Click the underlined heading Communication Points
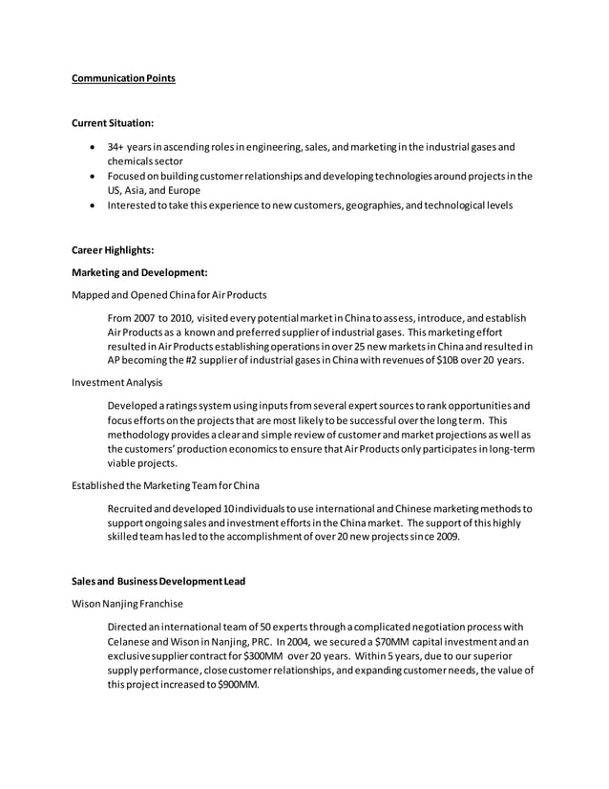click(123, 78)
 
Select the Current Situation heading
click(113, 122)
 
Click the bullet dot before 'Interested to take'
click(91, 205)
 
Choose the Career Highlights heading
click(113, 250)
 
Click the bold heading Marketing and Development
click(139, 272)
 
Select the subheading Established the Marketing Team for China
click(165, 486)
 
